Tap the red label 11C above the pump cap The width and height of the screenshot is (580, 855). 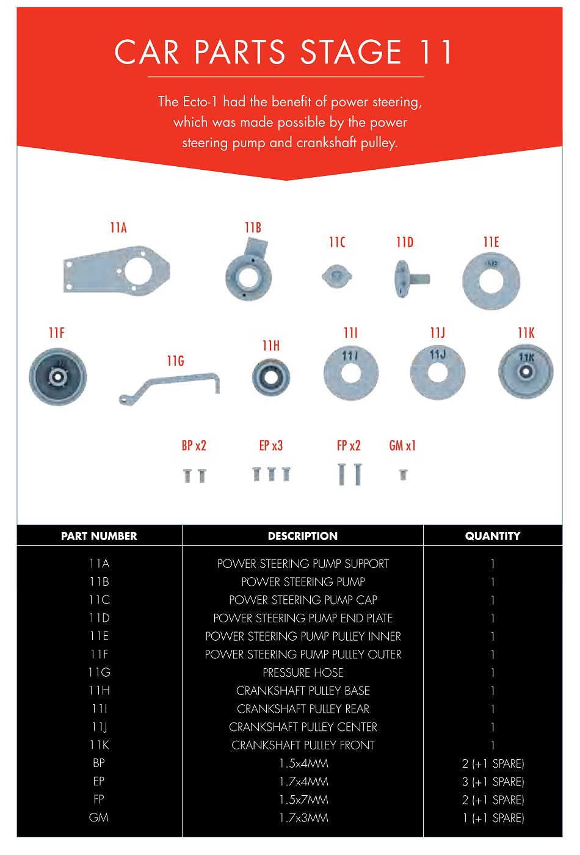[x=337, y=242]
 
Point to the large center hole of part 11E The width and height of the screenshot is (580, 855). [x=491, y=282]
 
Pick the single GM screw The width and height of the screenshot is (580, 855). [x=403, y=474]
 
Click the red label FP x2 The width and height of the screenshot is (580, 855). [x=349, y=446]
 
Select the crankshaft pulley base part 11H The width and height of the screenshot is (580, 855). [x=271, y=377]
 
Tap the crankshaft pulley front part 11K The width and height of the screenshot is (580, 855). [x=526, y=371]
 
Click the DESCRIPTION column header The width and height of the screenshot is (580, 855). [x=302, y=536]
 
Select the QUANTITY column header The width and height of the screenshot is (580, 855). [x=492, y=536]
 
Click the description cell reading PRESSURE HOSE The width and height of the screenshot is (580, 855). [x=303, y=672]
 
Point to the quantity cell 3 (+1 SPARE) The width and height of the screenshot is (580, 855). [x=493, y=782]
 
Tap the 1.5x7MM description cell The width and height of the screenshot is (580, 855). [x=303, y=799]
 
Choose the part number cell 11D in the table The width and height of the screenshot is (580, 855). [x=99, y=618]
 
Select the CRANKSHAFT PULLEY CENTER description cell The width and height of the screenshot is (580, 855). [x=303, y=727]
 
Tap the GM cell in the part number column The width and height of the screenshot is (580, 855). [x=99, y=818]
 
